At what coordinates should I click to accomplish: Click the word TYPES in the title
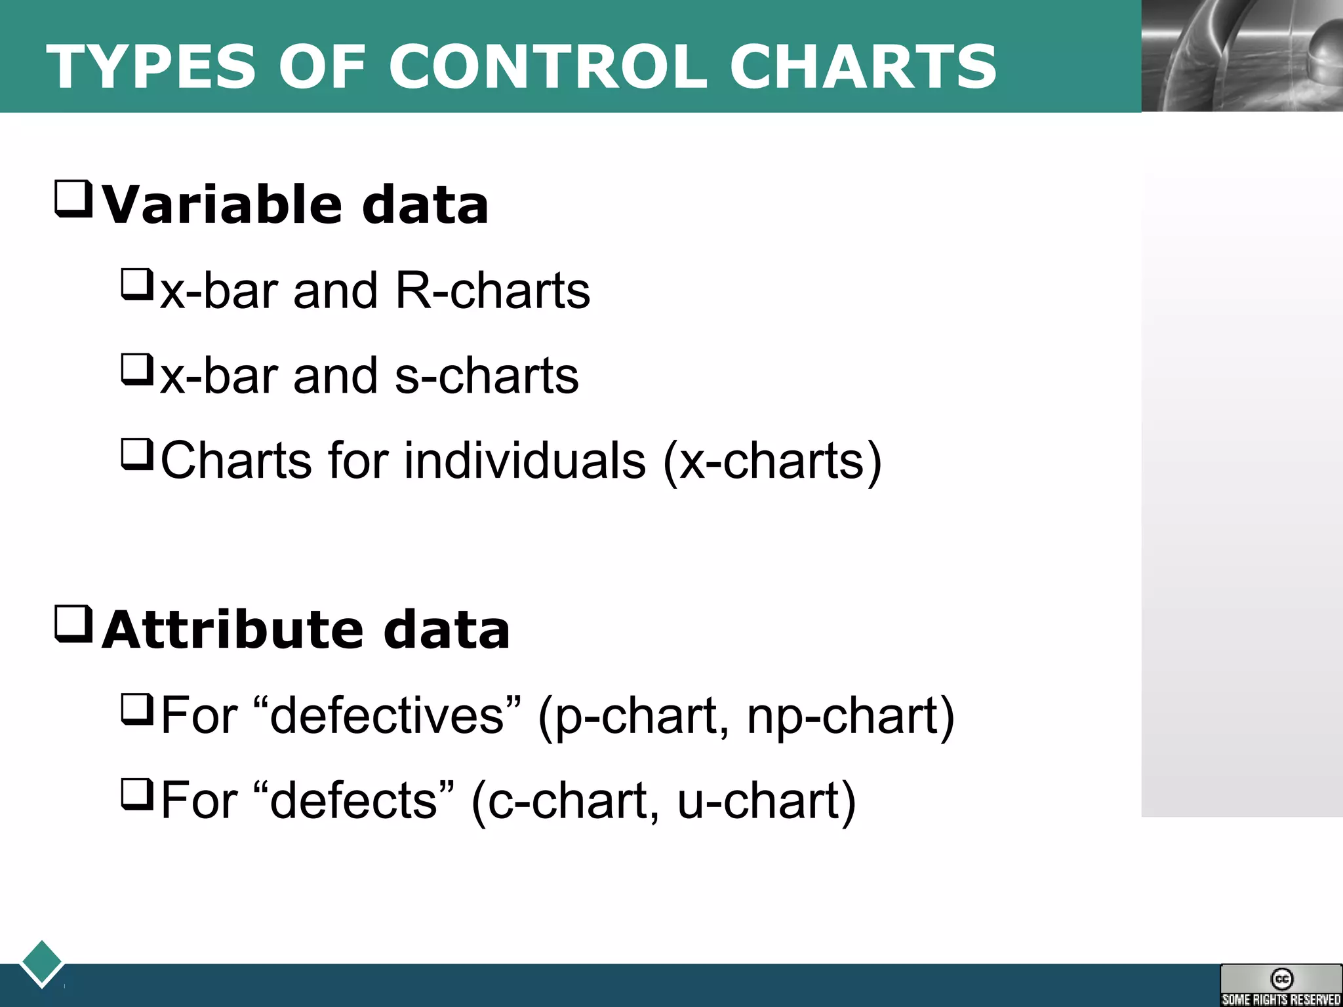coord(151,67)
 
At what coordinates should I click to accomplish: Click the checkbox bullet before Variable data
coord(73,199)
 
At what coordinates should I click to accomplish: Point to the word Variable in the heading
coord(222,205)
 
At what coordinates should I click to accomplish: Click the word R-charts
coord(492,290)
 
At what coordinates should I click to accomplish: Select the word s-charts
coord(487,376)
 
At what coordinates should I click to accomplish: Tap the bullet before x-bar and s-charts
coord(137,370)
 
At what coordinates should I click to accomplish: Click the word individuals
coord(525,461)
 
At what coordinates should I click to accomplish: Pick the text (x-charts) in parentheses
coord(772,461)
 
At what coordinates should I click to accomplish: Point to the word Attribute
coord(232,630)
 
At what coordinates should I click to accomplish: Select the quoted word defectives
coord(387,715)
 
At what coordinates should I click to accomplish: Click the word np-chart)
coord(851,715)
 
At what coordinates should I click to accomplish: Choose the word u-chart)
coord(766,800)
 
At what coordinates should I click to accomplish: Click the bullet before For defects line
coord(137,795)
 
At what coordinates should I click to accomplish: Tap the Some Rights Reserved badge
coord(1281,985)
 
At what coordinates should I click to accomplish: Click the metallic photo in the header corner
coord(1242,56)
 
